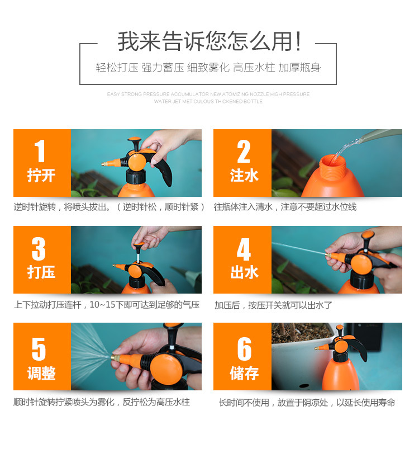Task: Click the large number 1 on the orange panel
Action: [40, 151]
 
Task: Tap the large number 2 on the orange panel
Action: [244, 151]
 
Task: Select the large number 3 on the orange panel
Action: [39, 249]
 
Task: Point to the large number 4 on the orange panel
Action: [244, 249]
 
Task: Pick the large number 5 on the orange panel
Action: [39, 349]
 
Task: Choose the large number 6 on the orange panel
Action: [244, 349]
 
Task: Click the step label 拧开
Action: [41, 175]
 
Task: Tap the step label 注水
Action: [244, 175]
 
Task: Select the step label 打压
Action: [41, 272]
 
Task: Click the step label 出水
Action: [244, 272]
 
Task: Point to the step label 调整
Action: [41, 373]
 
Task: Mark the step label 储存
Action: [244, 373]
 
